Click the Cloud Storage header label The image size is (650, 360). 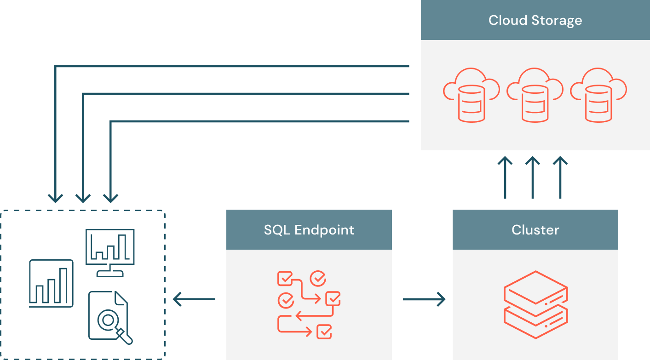click(535, 21)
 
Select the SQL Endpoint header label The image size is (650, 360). click(309, 230)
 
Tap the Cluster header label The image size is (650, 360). click(535, 230)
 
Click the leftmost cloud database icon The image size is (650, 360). click(471, 95)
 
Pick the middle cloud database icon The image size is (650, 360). click(535, 95)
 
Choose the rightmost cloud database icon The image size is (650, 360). click(598, 95)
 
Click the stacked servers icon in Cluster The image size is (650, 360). click(535, 304)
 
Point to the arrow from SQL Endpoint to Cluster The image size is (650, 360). click(424, 300)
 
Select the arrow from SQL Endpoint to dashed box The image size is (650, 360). click(194, 300)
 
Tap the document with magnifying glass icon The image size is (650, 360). click(110, 317)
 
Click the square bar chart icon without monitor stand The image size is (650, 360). click(51, 283)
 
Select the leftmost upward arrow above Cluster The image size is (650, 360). click(505, 177)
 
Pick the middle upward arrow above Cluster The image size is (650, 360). click(533, 177)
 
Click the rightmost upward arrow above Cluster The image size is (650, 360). click(560, 177)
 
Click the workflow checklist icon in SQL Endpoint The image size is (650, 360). click(309, 304)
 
